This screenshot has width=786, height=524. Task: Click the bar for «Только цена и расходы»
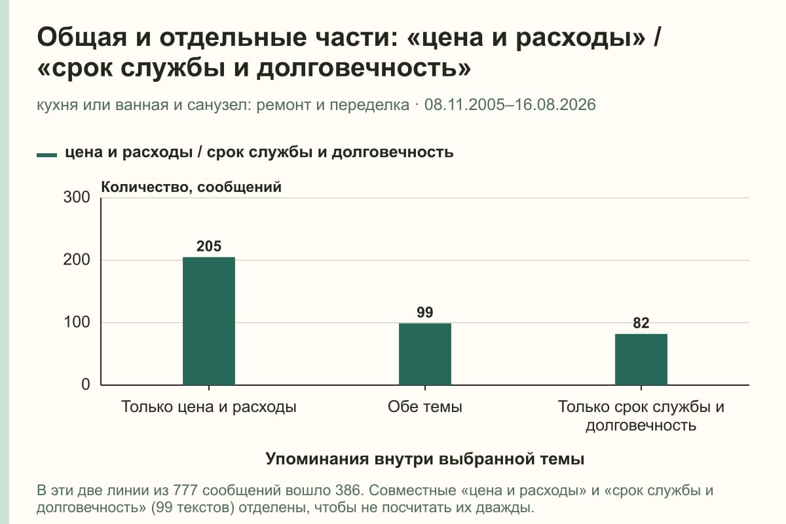coord(209,321)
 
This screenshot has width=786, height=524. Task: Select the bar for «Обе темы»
coord(425,354)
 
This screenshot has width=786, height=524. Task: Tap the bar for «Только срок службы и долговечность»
coord(641,360)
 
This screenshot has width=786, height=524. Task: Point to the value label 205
coord(209,246)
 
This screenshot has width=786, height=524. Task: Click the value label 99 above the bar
coord(425,312)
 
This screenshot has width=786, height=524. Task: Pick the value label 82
coord(641,323)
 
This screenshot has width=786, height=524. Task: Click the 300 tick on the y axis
coord(77,197)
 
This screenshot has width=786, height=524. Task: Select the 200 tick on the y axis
coord(77,260)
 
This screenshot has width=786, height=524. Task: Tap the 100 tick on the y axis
coord(77,322)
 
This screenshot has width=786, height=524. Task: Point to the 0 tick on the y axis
coord(86,384)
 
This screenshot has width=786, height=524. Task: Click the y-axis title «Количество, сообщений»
coord(191,187)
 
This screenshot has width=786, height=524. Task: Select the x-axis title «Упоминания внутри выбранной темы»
coord(425,459)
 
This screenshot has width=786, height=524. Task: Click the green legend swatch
coord(47,155)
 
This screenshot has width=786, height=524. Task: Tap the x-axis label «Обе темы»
coord(425,407)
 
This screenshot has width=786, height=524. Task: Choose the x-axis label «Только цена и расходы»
coord(209,407)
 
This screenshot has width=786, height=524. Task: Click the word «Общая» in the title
coord(82,38)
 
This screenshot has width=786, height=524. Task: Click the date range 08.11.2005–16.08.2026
coord(510,105)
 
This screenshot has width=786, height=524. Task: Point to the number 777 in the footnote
coord(185,491)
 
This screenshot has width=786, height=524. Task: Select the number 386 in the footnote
coord(348,491)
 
